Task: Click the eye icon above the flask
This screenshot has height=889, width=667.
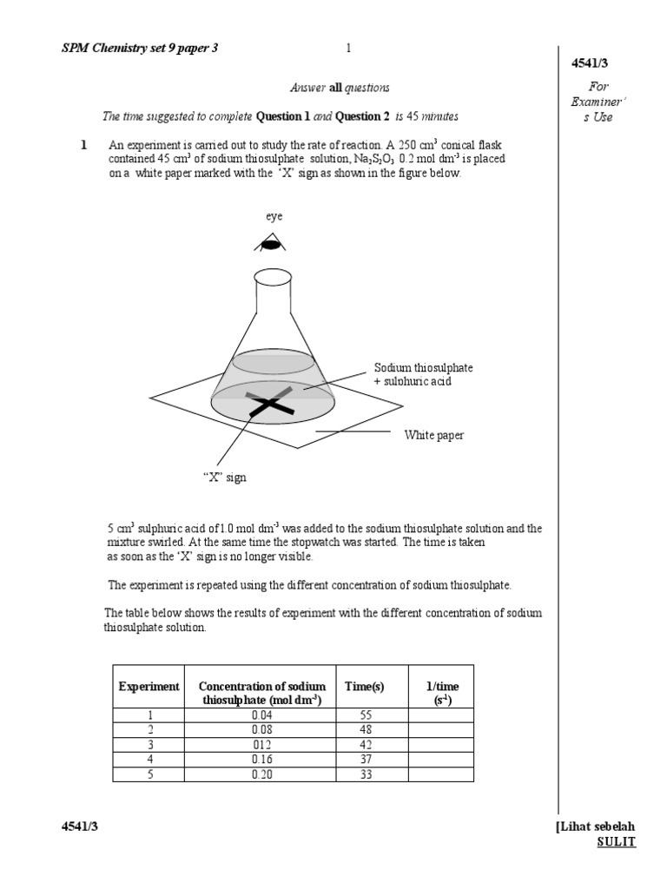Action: (271, 245)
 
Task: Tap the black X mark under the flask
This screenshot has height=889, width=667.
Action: (271, 404)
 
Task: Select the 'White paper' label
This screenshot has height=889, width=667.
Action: (433, 435)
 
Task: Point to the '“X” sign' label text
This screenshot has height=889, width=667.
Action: (225, 477)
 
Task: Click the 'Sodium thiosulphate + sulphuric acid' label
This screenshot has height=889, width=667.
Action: (423, 374)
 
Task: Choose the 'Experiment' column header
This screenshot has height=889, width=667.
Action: (149, 686)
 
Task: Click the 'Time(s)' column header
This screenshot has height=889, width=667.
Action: (364, 686)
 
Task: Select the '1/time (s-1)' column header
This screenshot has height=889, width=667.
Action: (442, 693)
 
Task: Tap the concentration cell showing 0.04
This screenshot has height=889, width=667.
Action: (261, 714)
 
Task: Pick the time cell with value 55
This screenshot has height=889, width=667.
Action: (365, 714)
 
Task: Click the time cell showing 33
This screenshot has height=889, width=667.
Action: (365, 774)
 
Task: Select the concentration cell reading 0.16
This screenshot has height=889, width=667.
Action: (261, 760)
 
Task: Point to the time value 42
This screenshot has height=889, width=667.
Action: (365, 745)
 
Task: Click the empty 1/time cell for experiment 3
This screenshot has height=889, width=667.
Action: (442, 745)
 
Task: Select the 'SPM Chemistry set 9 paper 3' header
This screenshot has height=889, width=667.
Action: (140, 49)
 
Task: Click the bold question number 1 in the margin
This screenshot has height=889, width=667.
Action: (84, 145)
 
